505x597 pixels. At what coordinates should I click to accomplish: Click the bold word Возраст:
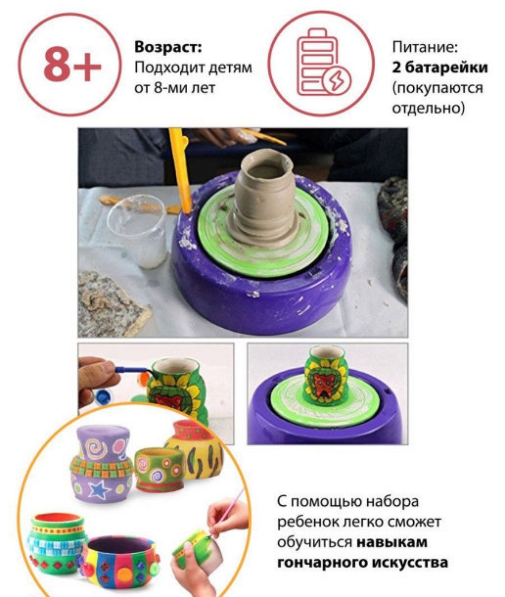coord(168,48)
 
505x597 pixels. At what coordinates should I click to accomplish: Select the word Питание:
coord(425,48)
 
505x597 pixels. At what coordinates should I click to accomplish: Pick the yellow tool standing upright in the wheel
coord(181,170)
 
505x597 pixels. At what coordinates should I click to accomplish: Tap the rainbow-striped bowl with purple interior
coord(121,564)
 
